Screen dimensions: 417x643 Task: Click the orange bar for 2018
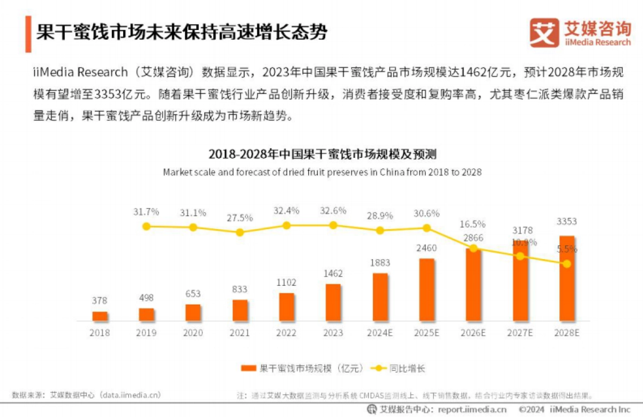100,316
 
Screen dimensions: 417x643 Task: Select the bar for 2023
333,302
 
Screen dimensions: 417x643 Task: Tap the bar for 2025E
427,290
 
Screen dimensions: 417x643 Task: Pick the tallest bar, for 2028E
567,278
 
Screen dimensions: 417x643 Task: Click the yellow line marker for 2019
146,226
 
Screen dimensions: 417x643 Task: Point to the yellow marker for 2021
240,232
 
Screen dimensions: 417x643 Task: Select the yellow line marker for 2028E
567,263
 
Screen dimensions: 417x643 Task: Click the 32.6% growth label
333,210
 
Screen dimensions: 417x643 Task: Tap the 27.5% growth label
240,217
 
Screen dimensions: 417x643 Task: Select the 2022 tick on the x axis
286,332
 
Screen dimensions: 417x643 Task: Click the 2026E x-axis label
473,332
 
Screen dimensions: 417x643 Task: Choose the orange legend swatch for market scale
249,368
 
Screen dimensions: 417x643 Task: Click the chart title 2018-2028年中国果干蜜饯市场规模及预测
322,155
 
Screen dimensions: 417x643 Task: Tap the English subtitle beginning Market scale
322,172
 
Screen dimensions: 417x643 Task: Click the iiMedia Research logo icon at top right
544,33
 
